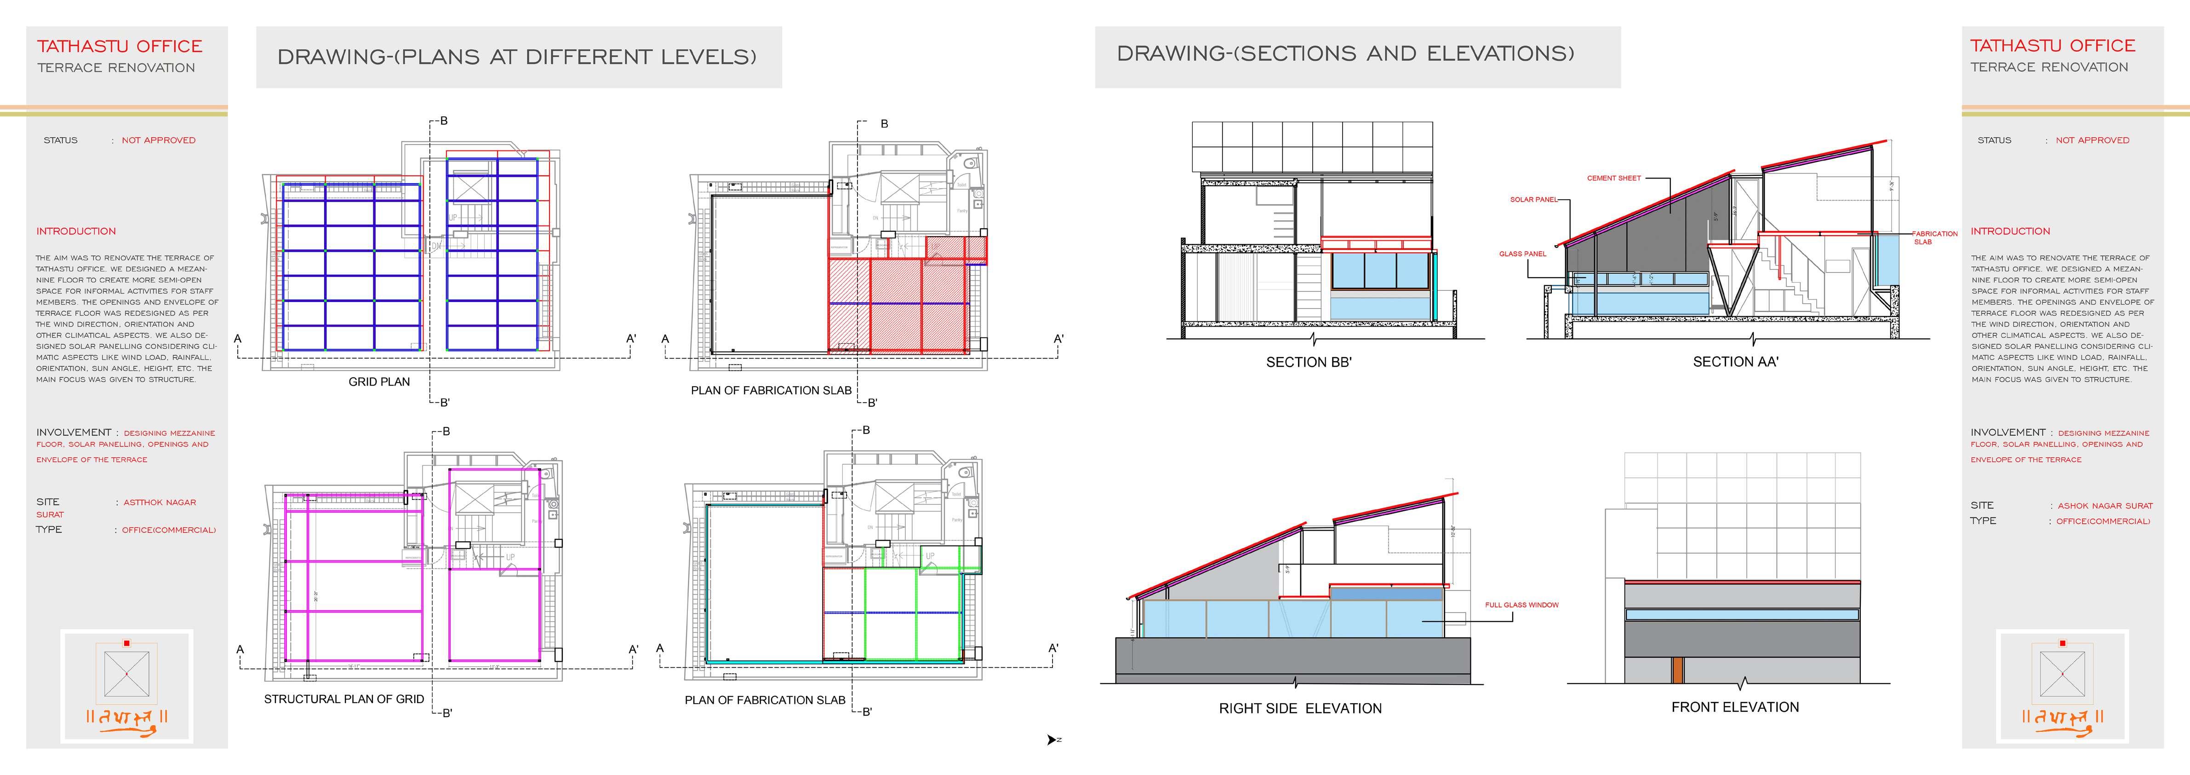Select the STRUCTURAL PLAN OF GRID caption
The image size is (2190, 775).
pyautogui.click(x=343, y=699)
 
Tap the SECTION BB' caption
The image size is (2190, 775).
pyautogui.click(x=1309, y=362)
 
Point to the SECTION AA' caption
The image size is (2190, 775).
pyautogui.click(x=1735, y=362)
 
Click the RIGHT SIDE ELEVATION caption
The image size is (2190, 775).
pyautogui.click(x=1300, y=709)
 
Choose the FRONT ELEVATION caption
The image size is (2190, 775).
pyautogui.click(x=1734, y=707)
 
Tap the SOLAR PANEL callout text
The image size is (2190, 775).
pyautogui.click(x=1533, y=200)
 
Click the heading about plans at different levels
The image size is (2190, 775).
pyautogui.click(x=517, y=57)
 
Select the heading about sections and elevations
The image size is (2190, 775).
pyautogui.click(x=1345, y=53)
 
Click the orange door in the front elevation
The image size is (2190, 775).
pyautogui.click(x=1677, y=670)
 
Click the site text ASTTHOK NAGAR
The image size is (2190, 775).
pyautogui.click(x=160, y=503)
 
